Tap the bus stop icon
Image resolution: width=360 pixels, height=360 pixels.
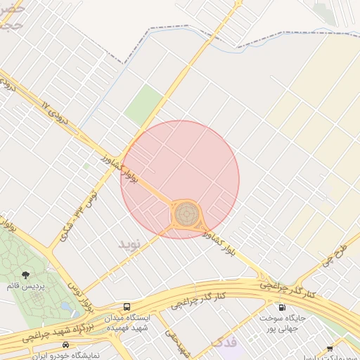(127, 307)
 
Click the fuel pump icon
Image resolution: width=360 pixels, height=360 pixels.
(282, 307)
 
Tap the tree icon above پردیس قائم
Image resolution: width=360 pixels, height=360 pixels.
(26, 275)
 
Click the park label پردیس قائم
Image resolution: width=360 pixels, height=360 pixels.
(26, 287)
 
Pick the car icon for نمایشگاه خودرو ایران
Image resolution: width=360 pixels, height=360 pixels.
(65, 345)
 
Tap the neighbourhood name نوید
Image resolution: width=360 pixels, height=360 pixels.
(130, 244)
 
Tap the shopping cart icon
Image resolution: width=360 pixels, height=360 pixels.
(330, 349)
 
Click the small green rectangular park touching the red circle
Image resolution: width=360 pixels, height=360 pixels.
(144, 105)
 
